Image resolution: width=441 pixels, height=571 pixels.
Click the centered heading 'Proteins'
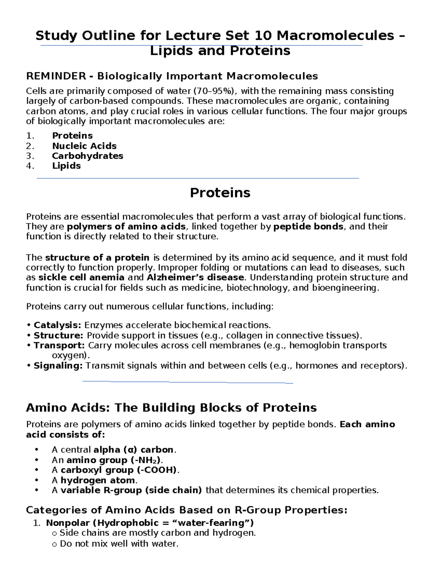220,193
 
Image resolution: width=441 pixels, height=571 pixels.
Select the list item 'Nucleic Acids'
84,146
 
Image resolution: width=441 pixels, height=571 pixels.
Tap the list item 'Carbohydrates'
87,156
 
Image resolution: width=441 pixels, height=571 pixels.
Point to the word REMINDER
56,76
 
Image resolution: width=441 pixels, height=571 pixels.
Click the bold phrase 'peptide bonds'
309,226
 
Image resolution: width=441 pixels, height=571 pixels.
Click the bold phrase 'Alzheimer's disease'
195,277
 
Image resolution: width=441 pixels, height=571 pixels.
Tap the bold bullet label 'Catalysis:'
57,325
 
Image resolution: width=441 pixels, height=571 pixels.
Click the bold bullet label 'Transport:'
59,345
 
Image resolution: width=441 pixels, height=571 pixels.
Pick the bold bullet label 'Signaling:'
58,365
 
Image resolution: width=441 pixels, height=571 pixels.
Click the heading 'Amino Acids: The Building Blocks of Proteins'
171,407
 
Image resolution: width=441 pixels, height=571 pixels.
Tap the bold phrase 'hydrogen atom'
98,480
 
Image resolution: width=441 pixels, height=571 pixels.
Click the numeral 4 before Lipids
29,166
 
